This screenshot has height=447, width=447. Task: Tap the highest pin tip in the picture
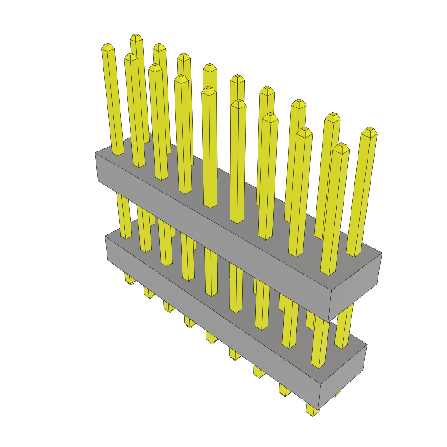(x=136, y=37)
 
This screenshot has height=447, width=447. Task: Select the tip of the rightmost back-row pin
(x=369, y=131)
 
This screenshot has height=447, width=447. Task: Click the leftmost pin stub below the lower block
(x=130, y=279)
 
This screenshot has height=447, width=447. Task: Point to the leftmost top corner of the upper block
(x=95, y=153)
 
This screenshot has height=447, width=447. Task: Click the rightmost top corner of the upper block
(x=382, y=253)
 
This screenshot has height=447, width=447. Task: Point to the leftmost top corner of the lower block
(x=105, y=237)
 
